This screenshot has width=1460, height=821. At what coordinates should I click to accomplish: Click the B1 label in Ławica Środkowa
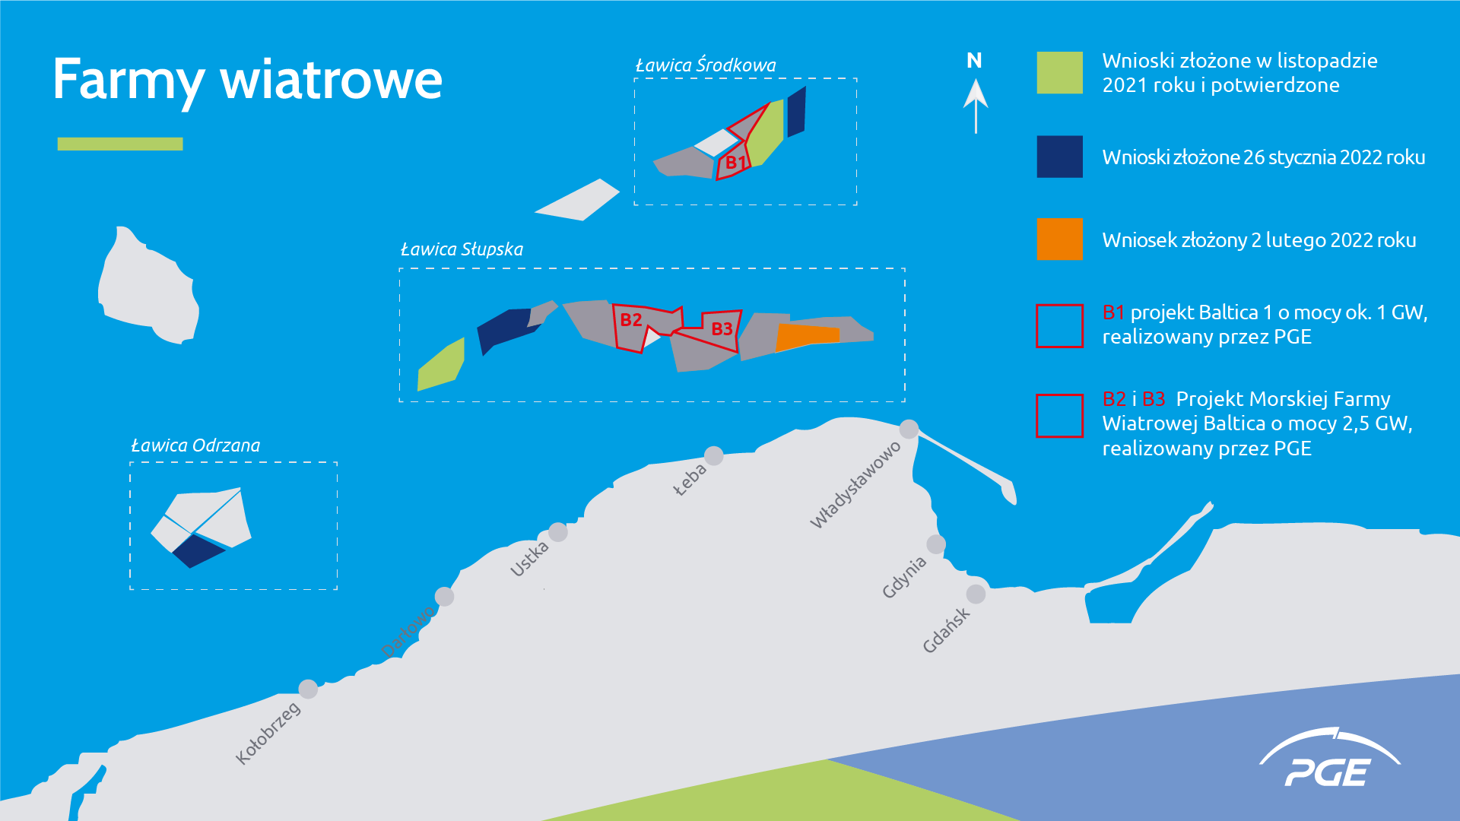pyautogui.click(x=735, y=162)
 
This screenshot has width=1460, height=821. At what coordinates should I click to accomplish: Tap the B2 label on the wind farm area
pyautogui.click(x=631, y=320)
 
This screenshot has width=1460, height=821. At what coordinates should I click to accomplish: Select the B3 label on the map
pyautogui.click(x=722, y=328)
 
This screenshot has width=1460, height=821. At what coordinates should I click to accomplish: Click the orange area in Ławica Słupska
pyautogui.click(x=807, y=337)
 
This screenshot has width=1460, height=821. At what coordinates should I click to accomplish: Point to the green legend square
pyautogui.click(x=1059, y=73)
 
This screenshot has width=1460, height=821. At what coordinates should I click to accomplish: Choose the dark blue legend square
pyautogui.click(x=1059, y=157)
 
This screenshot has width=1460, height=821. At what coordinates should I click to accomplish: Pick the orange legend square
pyautogui.click(x=1059, y=239)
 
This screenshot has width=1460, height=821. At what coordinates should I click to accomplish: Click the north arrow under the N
pyautogui.click(x=976, y=106)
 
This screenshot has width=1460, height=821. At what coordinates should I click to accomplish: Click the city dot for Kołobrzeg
pyautogui.click(x=308, y=689)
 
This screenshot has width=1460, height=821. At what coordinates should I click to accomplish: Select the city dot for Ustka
pyautogui.click(x=558, y=532)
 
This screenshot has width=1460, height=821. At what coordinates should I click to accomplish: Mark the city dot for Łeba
pyautogui.click(x=714, y=455)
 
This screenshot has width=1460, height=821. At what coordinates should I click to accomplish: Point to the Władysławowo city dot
pyautogui.click(x=909, y=429)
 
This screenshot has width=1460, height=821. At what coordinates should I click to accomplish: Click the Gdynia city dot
pyautogui.click(x=936, y=544)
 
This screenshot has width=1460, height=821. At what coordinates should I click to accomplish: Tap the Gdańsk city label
pyautogui.click(x=946, y=630)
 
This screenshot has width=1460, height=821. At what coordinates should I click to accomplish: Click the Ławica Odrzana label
pyautogui.click(x=195, y=445)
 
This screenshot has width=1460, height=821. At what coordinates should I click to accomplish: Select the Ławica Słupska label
pyautogui.click(x=462, y=249)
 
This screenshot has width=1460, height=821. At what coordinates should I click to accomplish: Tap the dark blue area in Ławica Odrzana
pyautogui.click(x=198, y=551)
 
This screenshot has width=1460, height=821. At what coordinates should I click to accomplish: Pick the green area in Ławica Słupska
pyautogui.click(x=441, y=365)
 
